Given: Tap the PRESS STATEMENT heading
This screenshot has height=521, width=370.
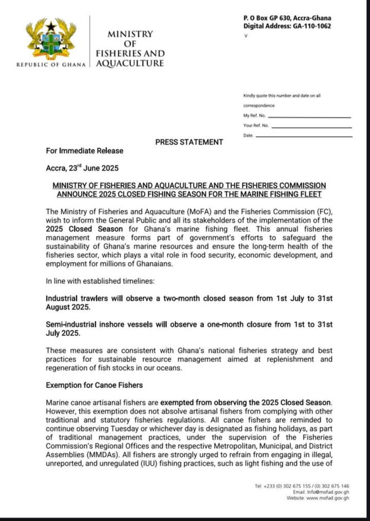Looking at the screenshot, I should (x=189, y=142).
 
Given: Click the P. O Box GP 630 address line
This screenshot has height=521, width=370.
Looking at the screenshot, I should (x=287, y=18).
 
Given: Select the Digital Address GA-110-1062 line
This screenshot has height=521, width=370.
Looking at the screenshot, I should (x=287, y=26).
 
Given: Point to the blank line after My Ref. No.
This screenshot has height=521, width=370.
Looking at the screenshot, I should (x=310, y=117).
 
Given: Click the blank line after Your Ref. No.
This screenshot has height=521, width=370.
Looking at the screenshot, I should (x=311, y=127).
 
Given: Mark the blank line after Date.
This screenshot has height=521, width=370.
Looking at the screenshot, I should (x=304, y=136).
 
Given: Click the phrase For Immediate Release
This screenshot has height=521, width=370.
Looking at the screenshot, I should (x=85, y=151).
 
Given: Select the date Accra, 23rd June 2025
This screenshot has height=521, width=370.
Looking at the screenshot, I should (x=82, y=168).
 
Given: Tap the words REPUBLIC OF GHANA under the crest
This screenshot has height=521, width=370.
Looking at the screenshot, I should (x=51, y=65).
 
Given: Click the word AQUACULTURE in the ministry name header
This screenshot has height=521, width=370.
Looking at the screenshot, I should (x=130, y=64).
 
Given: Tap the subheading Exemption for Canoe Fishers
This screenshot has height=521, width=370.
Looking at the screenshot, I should (x=94, y=386).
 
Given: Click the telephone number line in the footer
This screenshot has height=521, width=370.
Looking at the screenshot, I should (x=302, y=486).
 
